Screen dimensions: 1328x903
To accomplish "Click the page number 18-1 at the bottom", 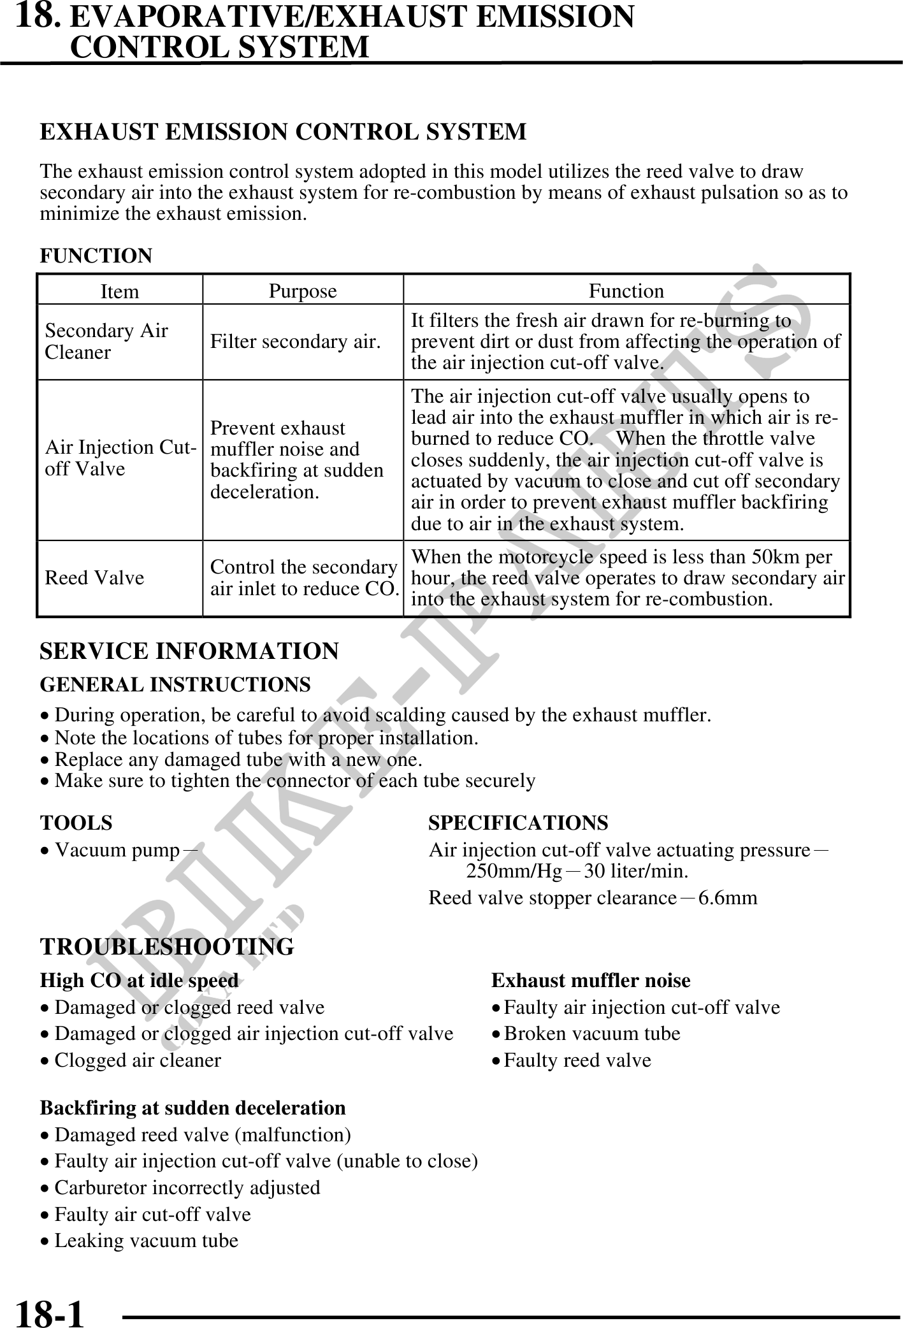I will pyautogui.click(x=49, y=1312).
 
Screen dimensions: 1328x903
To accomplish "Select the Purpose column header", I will pyautogui.click(x=303, y=291).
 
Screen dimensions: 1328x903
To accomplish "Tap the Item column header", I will pyautogui.click(x=119, y=291).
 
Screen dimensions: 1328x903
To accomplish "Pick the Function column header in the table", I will pyautogui.click(x=626, y=291).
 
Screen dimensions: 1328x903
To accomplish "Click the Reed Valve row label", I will pyautogui.click(x=94, y=578).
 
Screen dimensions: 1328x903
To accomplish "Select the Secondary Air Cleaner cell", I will pyautogui.click(x=106, y=342).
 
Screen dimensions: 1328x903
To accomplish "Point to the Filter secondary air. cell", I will pyautogui.click(x=295, y=342).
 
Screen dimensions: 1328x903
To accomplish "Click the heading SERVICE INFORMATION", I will pyautogui.click(x=189, y=651).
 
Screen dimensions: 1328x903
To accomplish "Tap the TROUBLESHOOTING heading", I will pyautogui.click(x=167, y=946).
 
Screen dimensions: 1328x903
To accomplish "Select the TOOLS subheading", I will pyautogui.click(x=76, y=823).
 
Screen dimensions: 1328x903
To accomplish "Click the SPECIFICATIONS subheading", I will pyautogui.click(x=518, y=823).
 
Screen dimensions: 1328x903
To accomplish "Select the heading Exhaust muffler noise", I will pyautogui.click(x=591, y=980).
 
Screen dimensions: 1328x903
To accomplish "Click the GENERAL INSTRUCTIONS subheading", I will pyautogui.click(x=175, y=684).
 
